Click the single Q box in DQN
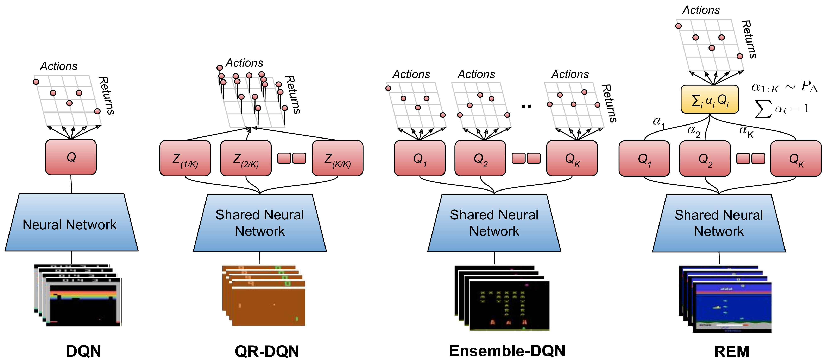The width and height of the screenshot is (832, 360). coord(71,157)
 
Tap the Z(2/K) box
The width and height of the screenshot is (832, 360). coord(246,158)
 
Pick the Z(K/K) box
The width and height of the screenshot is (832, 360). coord(338,158)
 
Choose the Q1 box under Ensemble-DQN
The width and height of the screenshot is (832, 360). coord(420,158)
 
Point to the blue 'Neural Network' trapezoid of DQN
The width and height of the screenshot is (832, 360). coord(71,223)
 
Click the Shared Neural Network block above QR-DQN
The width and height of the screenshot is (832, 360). coord(260,223)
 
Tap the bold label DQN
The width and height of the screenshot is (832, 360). coord(84,351)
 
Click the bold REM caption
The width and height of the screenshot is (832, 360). coord(732,351)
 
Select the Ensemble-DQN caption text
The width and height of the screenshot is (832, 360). coord(507,351)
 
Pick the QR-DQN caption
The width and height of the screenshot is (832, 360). coord(267,351)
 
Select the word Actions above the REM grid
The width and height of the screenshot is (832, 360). coord(701,10)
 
